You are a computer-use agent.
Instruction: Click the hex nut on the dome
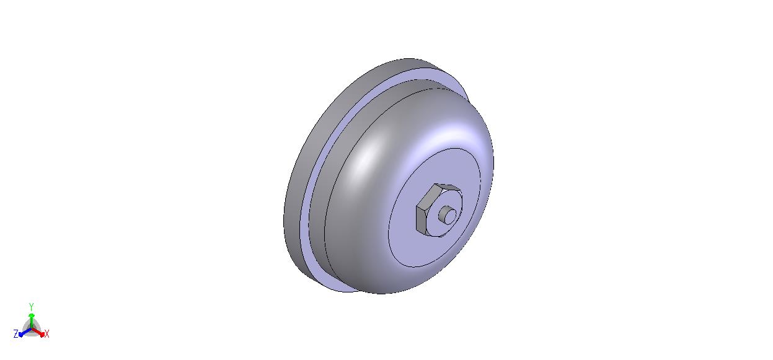tap(438, 210)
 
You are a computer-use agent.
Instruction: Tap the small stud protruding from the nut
tap(448, 215)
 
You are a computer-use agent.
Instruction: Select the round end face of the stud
tap(450, 216)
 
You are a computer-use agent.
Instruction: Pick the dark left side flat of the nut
tap(420, 220)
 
